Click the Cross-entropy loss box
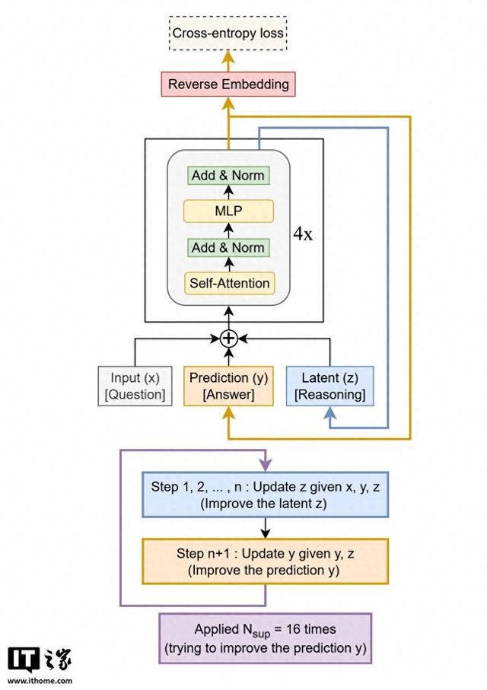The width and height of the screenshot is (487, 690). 228,33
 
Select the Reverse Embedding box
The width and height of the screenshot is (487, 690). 228,84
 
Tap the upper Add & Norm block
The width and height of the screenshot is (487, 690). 228,175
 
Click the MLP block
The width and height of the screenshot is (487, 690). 228,211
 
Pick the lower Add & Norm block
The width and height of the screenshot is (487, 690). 228,247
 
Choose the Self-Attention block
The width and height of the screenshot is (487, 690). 228,283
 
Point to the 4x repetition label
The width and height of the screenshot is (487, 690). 303,234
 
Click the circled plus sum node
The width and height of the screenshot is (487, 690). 228,339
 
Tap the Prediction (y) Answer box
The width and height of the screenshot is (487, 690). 228,386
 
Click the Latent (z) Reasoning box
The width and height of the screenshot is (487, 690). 329,386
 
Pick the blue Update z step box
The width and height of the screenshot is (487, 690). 265,494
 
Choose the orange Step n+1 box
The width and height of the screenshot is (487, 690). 265,561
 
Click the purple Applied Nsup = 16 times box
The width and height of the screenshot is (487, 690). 265,638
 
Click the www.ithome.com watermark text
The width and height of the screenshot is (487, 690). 41,681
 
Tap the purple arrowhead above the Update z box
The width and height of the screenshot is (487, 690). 265,465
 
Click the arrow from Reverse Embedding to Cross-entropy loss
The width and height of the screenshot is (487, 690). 228,60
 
